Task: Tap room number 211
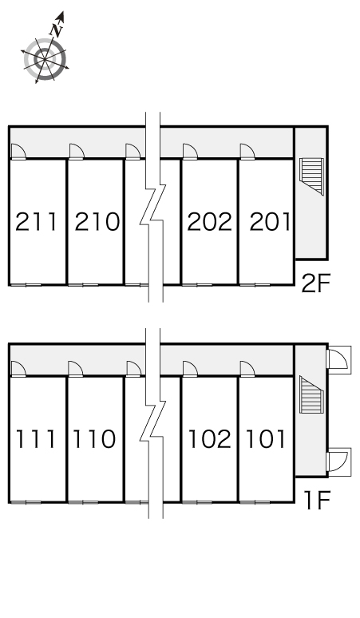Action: (x=36, y=221)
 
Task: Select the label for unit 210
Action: (x=97, y=221)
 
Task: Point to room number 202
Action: (x=210, y=221)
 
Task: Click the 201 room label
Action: (x=270, y=221)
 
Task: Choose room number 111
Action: (x=35, y=439)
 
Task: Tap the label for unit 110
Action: (x=94, y=439)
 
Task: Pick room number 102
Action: (x=210, y=439)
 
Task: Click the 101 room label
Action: (x=265, y=439)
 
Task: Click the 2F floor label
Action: (x=315, y=283)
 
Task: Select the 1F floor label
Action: (x=316, y=500)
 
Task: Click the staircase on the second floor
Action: (x=311, y=176)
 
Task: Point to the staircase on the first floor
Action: (x=311, y=394)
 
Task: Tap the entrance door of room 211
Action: (x=18, y=152)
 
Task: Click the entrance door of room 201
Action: (x=247, y=152)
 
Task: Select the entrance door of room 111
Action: (x=18, y=370)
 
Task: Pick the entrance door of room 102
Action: (x=190, y=370)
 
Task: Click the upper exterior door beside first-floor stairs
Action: (x=338, y=359)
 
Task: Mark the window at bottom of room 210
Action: (x=83, y=284)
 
